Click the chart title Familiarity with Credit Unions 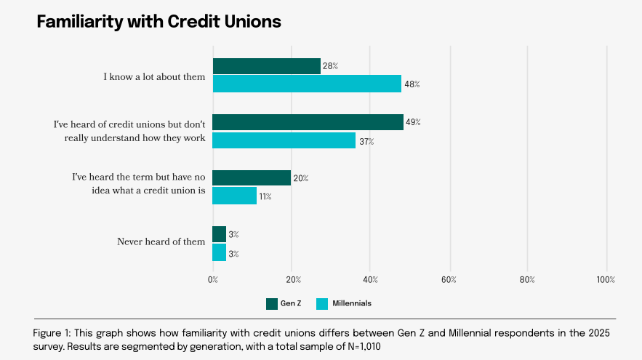pyautogui.click(x=159, y=22)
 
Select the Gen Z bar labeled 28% pyautogui.click(x=266, y=66)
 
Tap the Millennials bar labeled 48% pyautogui.click(x=306, y=84)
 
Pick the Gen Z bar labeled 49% pyautogui.click(x=308, y=122)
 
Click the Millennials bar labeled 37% pyautogui.click(x=284, y=140)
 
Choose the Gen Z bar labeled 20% pyautogui.click(x=251, y=178)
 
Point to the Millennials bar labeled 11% pyautogui.click(x=234, y=196)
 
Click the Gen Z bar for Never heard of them pyautogui.click(x=219, y=234)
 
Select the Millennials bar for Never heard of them pyautogui.click(x=219, y=252)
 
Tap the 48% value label pyautogui.click(x=412, y=84)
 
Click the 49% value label pyautogui.click(x=414, y=122)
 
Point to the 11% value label pyautogui.click(x=265, y=196)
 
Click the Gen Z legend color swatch pyautogui.click(x=272, y=303)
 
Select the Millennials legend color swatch pyautogui.click(x=321, y=303)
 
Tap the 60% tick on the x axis pyautogui.click(x=449, y=279)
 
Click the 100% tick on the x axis pyautogui.click(x=606, y=279)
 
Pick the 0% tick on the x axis pyautogui.click(x=213, y=279)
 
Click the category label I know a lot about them pyautogui.click(x=154, y=76)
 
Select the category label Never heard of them pyautogui.click(x=161, y=242)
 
